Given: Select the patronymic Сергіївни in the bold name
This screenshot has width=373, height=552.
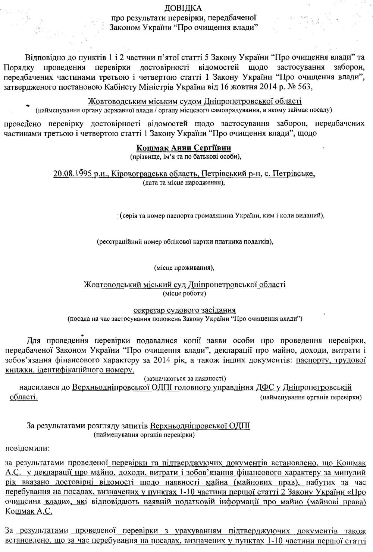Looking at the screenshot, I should [x=209, y=148].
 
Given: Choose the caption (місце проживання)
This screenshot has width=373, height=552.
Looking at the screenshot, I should [x=184, y=267].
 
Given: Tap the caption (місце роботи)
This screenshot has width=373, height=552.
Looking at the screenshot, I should [x=184, y=293].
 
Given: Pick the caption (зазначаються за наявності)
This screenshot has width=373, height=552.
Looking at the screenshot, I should [x=184, y=379].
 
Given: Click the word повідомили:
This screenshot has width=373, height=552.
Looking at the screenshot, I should [x=24, y=448].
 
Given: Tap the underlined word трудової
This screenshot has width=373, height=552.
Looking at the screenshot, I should [x=343, y=360].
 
